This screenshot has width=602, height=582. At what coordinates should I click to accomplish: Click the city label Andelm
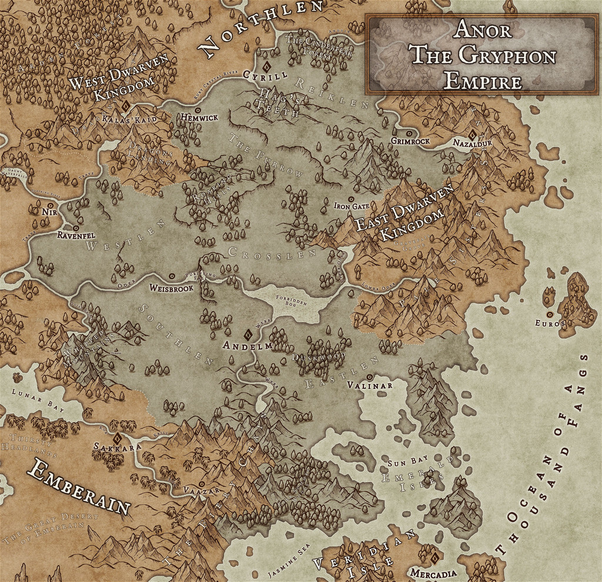tap(248, 347)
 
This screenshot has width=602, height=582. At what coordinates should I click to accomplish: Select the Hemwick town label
tap(200, 118)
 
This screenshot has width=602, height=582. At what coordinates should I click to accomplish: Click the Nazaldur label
tap(472, 143)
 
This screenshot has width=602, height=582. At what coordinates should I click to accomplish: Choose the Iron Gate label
tap(352, 206)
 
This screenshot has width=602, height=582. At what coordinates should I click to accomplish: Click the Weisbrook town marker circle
tap(172, 275)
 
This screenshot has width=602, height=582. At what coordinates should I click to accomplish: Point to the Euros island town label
tap(550, 323)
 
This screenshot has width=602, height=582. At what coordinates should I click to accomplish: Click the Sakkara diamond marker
tap(116, 438)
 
